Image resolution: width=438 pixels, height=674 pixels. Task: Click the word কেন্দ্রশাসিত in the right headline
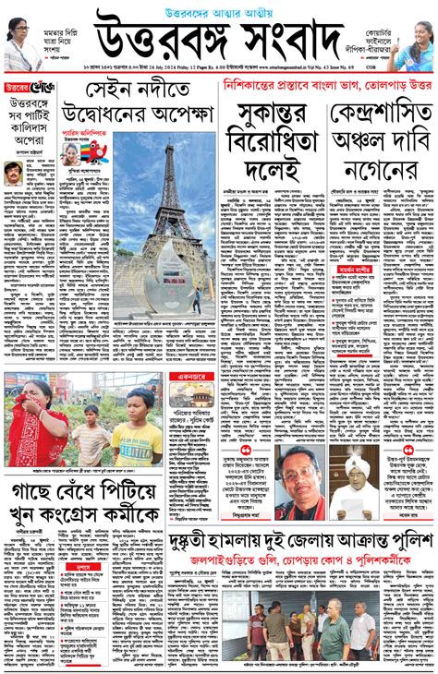tap(382, 115)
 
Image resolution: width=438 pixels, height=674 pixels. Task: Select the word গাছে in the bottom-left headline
tap(31, 488)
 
